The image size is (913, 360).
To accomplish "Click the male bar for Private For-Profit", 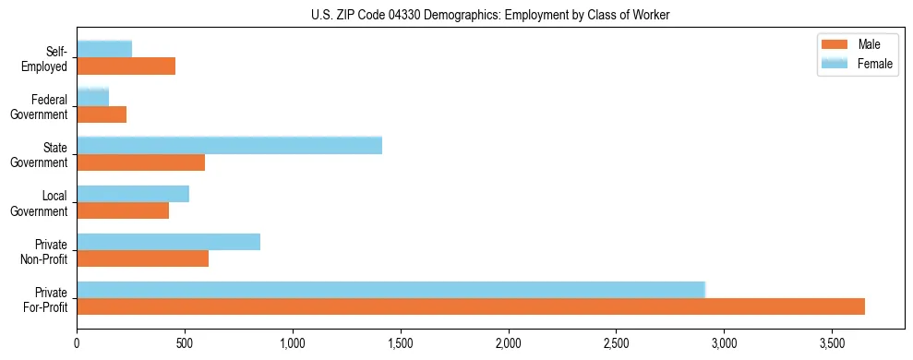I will tap(471, 306).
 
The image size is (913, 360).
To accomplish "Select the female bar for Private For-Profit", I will tap(390, 290).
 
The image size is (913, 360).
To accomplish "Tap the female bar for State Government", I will tap(229, 145).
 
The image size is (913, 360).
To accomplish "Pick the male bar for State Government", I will tap(140, 162).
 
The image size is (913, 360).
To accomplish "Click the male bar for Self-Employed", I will tap(126, 66).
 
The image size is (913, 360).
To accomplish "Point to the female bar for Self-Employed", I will tap(104, 49).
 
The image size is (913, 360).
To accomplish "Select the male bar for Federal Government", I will tap(102, 114).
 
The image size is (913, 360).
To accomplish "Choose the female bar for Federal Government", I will tap(92, 97).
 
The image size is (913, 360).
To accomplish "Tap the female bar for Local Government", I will tap(133, 194).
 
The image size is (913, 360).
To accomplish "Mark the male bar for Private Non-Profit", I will tap(142, 258).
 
